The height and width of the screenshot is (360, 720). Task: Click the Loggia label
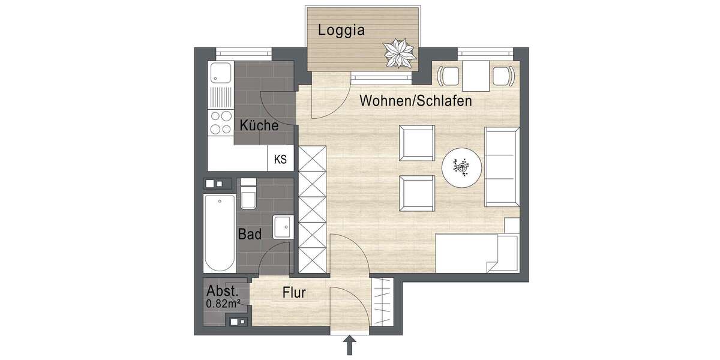click(x=341, y=30)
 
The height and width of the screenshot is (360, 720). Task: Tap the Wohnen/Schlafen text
click(x=415, y=101)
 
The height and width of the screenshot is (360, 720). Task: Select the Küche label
click(x=259, y=126)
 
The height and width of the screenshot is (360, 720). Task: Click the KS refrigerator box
click(x=280, y=160)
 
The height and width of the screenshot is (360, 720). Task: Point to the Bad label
click(x=250, y=234)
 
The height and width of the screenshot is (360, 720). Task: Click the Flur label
click(x=294, y=293)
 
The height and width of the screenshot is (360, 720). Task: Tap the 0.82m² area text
click(x=223, y=304)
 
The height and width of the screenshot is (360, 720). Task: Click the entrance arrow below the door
click(x=350, y=346)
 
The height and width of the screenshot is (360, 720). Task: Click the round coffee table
click(x=462, y=168)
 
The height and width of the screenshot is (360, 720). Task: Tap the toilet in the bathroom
click(x=248, y=196)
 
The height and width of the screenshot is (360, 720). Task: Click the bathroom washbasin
click(x=281, y=227)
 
